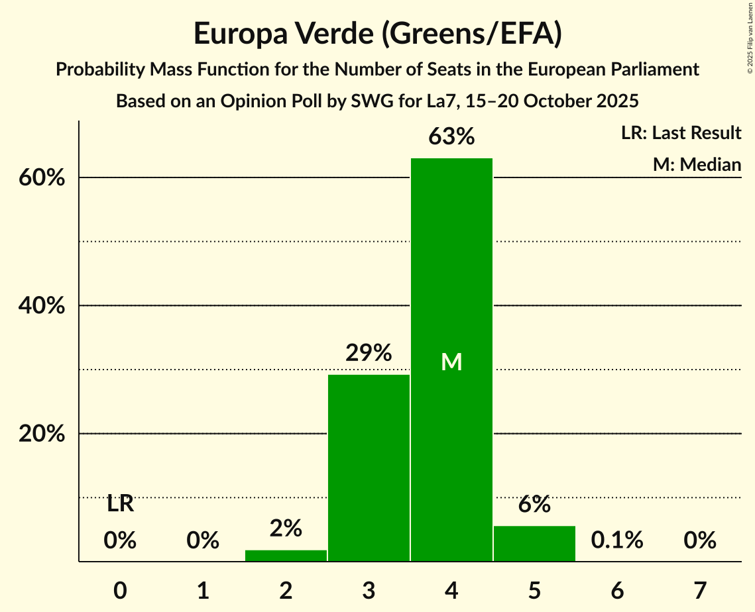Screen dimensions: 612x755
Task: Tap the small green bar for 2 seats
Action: pyautogui.click(x=286, y=556)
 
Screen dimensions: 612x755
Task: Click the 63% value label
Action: pyautogui.click(x=451, y=137)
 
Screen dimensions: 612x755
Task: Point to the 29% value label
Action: pyautogui.click(x=369, y=353)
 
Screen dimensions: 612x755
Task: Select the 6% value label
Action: pyautogui.click(x=534, y=505)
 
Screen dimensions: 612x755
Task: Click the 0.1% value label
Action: pyautogui.click(x=617, y=540)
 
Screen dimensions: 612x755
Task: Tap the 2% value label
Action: pyautogui.click(x=286, y=529)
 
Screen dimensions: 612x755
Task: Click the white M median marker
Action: pyautogui.click(x=451, y=362)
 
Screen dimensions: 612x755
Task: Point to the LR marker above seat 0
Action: pyautogui.click(x=120, y=504)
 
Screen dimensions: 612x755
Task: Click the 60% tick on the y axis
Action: pyautogui.click(x=46, y=178)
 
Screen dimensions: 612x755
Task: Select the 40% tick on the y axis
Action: pyautogui.click(x=46, y=306)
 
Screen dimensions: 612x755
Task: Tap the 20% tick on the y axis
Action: pyautogui.click(x=46, y=434)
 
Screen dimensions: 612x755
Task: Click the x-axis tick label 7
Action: pyautogui.click(x=700, y=589)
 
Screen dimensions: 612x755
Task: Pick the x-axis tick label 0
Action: pyautogui.click(x=120, y=589)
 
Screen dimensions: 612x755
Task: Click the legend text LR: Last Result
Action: pyautogui.click(x=681, y=133)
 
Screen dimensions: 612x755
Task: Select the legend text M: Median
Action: pyautogui.click(x=697, y=164)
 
